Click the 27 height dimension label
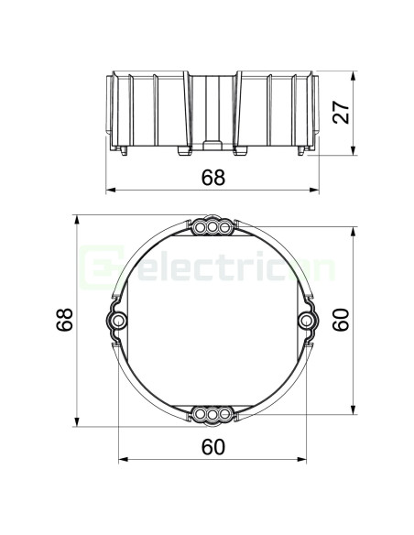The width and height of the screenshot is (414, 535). click(342, 112)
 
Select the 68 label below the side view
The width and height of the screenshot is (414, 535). click(213, 178)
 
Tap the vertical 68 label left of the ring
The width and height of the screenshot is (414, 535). click(65, 320)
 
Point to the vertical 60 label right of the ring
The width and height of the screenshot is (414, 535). click(341, 320)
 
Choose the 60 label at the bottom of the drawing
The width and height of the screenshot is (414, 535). click(213, 447)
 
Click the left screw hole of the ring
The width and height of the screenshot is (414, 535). click(118, 321)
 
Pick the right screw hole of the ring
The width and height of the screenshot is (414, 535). click(306, 321)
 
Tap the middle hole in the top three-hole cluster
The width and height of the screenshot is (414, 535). click(212, 226)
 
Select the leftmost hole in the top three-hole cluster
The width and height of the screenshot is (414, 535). click(201, 227)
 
